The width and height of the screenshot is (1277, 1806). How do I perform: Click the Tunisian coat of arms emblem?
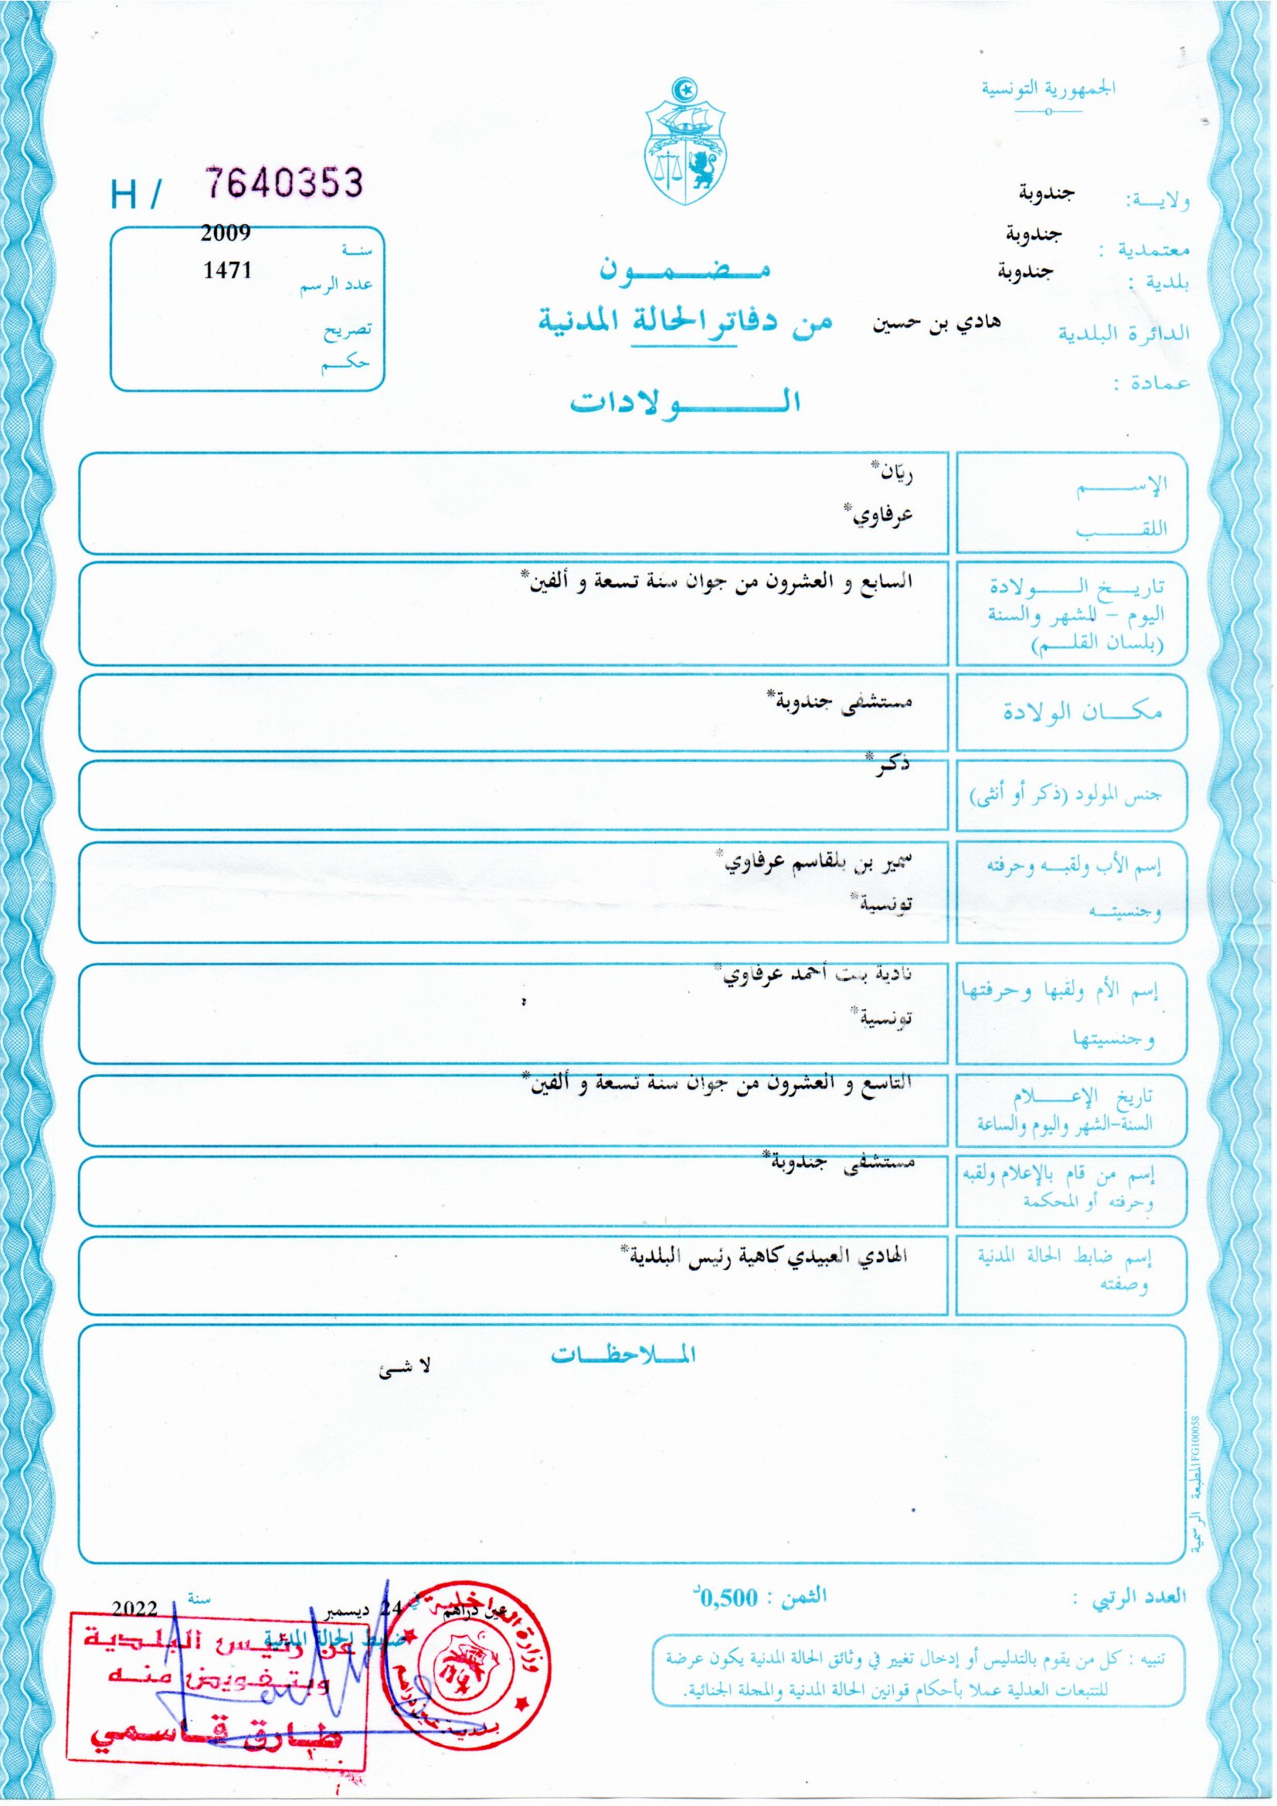point(685,141)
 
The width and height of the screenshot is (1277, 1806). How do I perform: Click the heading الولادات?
point(684,402)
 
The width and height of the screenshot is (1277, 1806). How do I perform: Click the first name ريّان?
point(893,475)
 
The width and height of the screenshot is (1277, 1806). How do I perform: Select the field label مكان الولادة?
point(1082,713)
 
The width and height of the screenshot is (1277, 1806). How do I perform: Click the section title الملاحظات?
point(623,1355)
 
